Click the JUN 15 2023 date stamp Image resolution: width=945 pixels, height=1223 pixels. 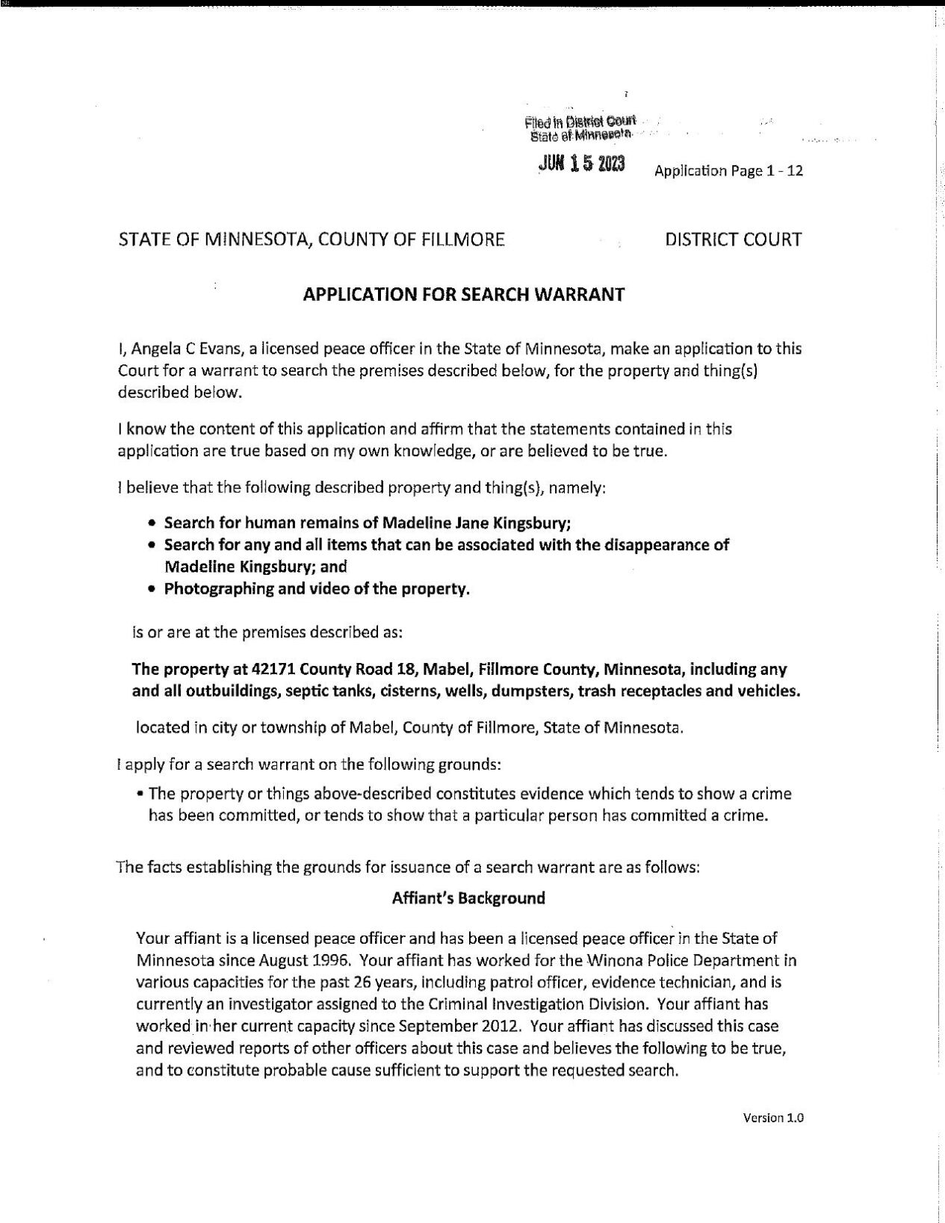[581, 164]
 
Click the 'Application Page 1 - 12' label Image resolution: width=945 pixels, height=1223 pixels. [728, 171]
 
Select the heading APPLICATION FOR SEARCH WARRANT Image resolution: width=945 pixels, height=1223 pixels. [463, 294]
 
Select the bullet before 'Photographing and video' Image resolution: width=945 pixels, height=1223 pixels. [152, 590]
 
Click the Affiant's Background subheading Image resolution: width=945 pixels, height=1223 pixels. [468, 898]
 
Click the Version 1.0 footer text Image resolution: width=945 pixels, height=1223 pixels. [772, 1118]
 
